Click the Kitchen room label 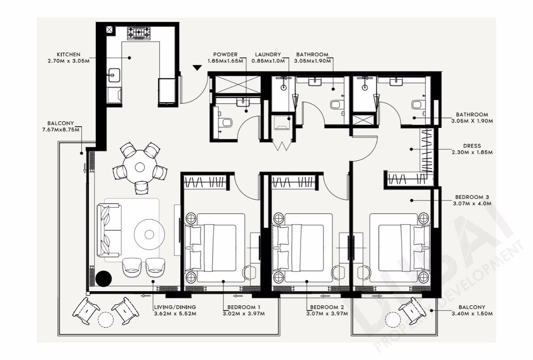point(69,54)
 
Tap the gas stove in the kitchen point(139,33)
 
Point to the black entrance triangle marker point(197,68)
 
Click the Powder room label point(225,54)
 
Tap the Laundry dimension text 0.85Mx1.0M point(268,61)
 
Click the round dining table point(140,167)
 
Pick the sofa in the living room point(109,230)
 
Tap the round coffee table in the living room point(149,234)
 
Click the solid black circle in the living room point(104,279)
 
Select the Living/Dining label point(175,307)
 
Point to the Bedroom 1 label point(244,307)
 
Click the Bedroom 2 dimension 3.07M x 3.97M point(327,314)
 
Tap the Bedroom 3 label point(472,197)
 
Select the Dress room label point(472,146)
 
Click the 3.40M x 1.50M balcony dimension point(472,314)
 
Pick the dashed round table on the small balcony point(393,320)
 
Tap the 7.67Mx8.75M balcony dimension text point(61,130)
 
